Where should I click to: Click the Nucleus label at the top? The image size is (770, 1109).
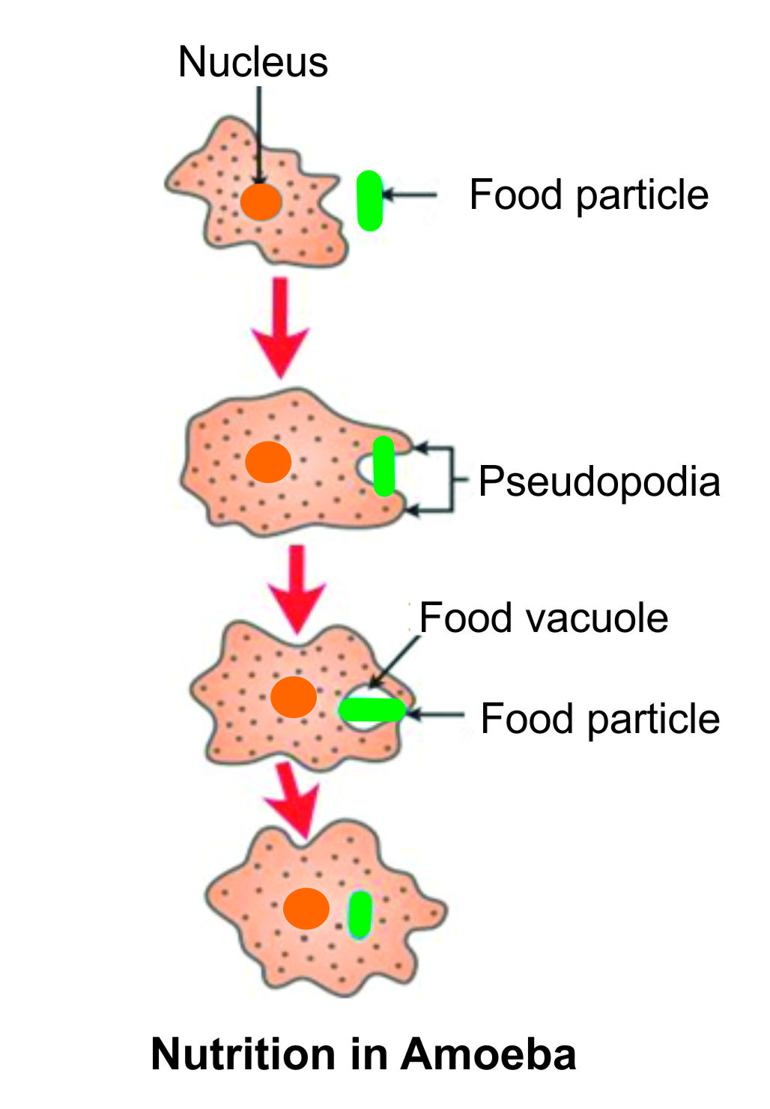[252, 61]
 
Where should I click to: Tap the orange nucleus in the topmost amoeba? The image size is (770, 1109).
[261, 201]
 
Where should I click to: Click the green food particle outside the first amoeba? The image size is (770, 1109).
[369, 200]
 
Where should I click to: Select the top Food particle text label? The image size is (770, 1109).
[589, 195]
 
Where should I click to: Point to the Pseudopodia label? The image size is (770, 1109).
[598, 481]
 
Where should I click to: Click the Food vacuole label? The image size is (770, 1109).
[543, 619]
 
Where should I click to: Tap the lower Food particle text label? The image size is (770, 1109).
[599, 719]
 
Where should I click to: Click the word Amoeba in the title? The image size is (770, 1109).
[488, 1054]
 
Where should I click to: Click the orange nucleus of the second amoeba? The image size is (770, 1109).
[268, 461]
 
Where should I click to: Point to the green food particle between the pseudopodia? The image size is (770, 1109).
[384, 466]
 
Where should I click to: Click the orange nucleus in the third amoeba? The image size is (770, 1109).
[294, 697]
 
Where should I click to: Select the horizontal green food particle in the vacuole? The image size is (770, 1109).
[372, 709]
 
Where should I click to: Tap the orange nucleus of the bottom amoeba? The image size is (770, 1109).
[306, 908]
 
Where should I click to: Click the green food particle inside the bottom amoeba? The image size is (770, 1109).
[360, 914]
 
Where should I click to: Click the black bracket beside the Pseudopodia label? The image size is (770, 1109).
[452, 479]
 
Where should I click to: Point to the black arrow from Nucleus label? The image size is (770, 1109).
[258, 135]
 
